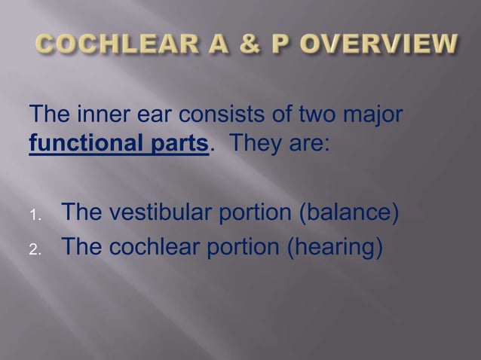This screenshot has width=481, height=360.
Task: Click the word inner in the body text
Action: click(101, 118)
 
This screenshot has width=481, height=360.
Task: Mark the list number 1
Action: click(35, 218)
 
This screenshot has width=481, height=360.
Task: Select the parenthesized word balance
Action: click(346, 215)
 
